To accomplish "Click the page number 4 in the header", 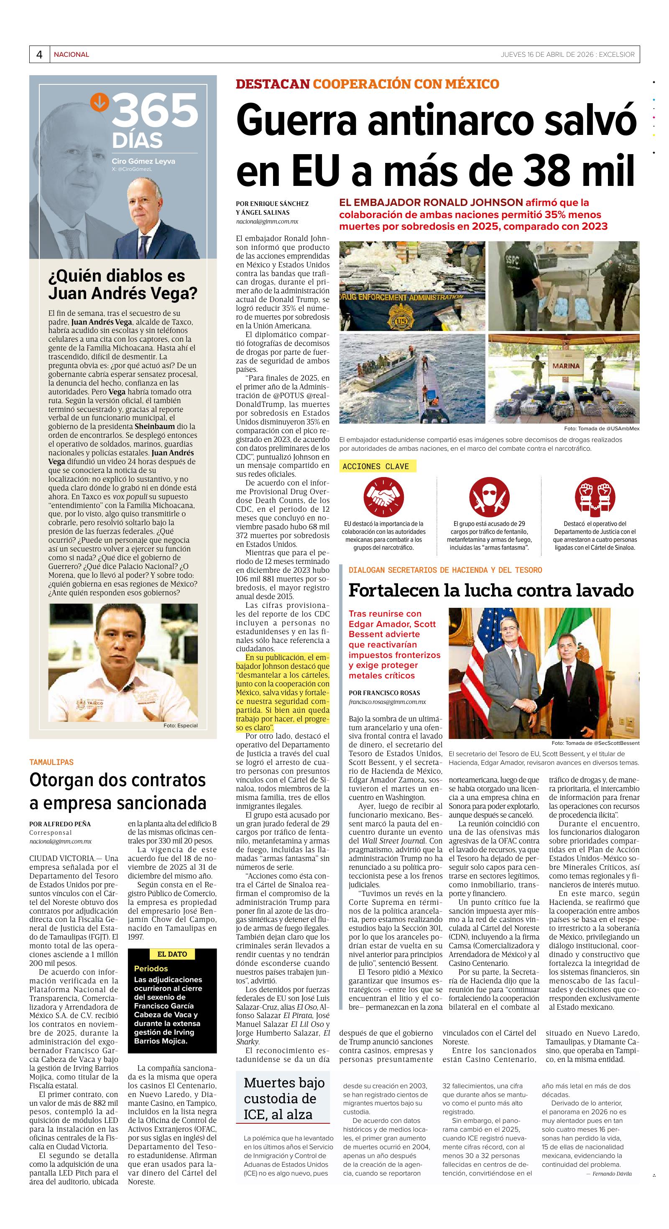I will [40, 54].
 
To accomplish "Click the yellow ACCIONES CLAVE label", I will [376, 466].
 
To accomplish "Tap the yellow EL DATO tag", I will [172, 954].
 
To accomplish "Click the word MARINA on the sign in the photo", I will [566, 366].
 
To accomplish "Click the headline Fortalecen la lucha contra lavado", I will [490, 590].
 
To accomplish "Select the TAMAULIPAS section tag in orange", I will [51, 762].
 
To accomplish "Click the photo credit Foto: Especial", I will [180, 726].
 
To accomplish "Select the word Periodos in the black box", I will [151, 968].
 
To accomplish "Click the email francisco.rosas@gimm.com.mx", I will [387, 702].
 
